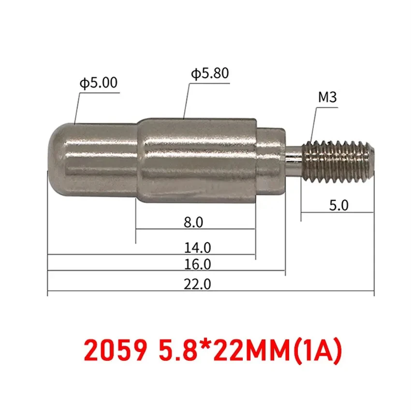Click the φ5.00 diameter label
pos(99,83)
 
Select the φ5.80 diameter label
pos(209,74)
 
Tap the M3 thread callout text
pos(327,98)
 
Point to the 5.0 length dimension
pos(338,205)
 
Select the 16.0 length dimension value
pos(197,264)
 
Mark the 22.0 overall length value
pos(197,285)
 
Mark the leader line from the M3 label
pos(312,123)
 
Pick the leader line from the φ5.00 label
pos(76,108)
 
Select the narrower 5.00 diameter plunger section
pos(97,160)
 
